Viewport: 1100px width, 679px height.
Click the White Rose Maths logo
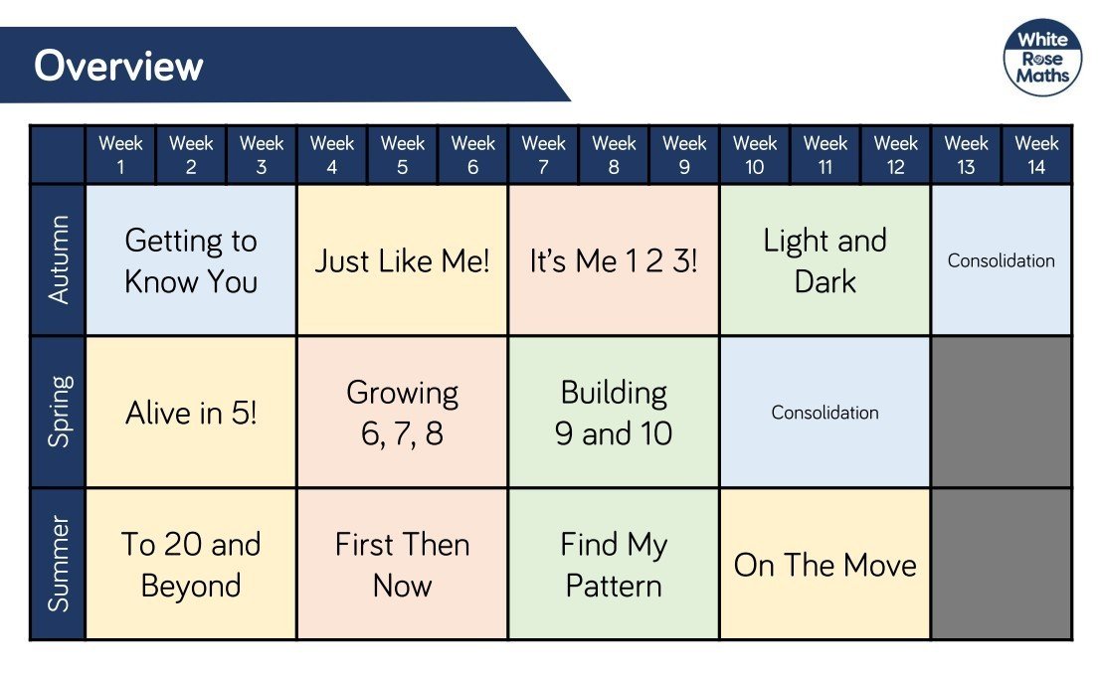1042,58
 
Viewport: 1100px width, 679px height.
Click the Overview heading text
118,66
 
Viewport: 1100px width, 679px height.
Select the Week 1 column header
120,155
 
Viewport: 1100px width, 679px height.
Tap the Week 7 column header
544,155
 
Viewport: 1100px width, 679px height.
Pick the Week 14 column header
1037,155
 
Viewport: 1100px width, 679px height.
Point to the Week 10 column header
755,155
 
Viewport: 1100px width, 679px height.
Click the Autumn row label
59,260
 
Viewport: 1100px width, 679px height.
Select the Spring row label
59,412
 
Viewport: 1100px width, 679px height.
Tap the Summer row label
59,564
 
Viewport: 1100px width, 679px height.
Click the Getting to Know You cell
191,260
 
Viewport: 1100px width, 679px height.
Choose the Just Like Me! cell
403,260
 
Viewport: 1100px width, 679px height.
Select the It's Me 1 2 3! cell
614,260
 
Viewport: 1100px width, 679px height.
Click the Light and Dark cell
825,260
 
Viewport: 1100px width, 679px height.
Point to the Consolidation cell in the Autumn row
1002,260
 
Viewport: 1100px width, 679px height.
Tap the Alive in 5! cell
191,412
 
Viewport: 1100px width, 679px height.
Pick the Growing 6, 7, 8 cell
403,412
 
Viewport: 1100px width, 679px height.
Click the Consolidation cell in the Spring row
825,412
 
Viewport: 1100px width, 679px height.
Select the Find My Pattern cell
614,564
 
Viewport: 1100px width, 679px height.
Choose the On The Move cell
825,564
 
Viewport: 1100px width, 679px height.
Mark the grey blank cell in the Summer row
1002,564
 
